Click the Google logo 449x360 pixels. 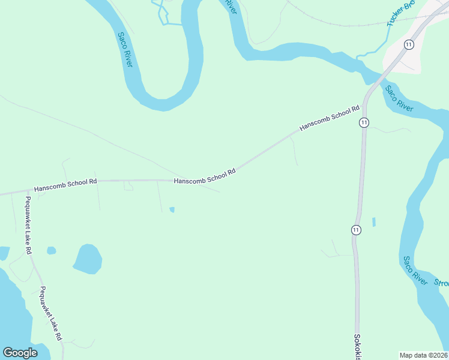(x=20, y=353)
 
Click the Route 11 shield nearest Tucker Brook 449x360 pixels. (x=409, y=44)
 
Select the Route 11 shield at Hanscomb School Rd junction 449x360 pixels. (x=364, y=122)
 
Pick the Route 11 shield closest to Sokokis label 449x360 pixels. (x=356, y=230)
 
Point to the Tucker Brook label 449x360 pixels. (x=401, y=13)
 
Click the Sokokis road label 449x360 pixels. (x=357, y=347)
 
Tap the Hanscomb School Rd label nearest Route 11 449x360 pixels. (x=329, y=119)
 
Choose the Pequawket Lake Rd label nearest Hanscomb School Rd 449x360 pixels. (x=28, y=224)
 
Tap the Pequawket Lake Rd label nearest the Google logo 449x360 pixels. (x=52, y=313)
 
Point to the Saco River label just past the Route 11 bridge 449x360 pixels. (x=399, y=98)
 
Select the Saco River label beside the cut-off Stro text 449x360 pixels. (x=415, y=271)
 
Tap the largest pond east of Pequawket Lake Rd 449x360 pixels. (x=88, y=259)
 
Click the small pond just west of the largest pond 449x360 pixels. (x=52, y=250)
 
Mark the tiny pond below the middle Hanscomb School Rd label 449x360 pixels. (x=172, y=209)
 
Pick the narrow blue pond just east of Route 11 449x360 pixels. (x=374, y=222)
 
